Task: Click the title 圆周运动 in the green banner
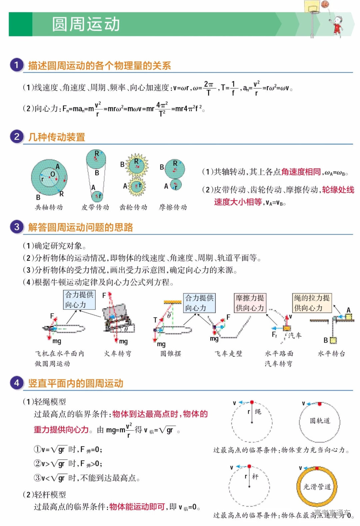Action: click(86, 24)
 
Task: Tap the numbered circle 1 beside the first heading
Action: click(16, 65)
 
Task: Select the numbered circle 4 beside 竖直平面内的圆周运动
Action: click(16, 383)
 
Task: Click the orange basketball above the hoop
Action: click(325, 4)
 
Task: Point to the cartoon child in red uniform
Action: click(338, 25)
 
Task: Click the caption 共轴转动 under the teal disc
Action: click(49, 207)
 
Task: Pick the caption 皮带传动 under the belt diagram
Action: click(95, 207)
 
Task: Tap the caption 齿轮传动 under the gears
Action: click(133, 207)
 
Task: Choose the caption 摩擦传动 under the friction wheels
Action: click(173, 207)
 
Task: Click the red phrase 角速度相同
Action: click(301, 172)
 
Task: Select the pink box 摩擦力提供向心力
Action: click(250, 303)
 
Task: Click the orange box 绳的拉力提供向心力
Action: click(312, 303)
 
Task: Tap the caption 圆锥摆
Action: click(171, 354)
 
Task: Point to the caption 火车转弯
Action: click(118, 354)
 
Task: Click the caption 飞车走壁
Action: click(228, 354)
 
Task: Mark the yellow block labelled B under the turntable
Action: click(333, 340)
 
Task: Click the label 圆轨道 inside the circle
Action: click(320, 421)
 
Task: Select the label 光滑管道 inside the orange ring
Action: click(317, 487)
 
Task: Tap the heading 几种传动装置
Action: click(57, 137)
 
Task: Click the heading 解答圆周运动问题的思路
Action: click(80, 227)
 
